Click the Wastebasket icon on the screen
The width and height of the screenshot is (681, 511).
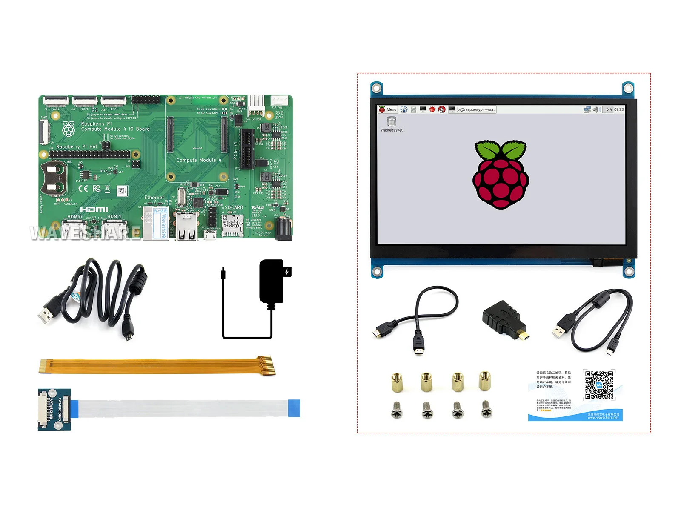(x=391, y=122)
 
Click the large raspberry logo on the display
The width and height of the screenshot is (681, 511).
(x=501, y=174)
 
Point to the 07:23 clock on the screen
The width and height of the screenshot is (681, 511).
(x=618, y=109)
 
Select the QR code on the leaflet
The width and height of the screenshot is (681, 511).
(x=599, y=385)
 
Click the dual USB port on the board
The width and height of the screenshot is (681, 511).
(x=186, y=226)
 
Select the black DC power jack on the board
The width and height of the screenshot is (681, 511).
(x=283, y=230)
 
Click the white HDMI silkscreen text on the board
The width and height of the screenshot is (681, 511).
(x=94, y=209)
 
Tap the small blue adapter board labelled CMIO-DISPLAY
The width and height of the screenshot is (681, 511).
(x=54, y=409)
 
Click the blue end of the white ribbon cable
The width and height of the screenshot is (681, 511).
(x=294, y=408)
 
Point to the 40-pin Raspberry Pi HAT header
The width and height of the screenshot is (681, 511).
(x=89, y=154)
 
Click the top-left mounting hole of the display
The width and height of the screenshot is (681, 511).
(x=376, y=89)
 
